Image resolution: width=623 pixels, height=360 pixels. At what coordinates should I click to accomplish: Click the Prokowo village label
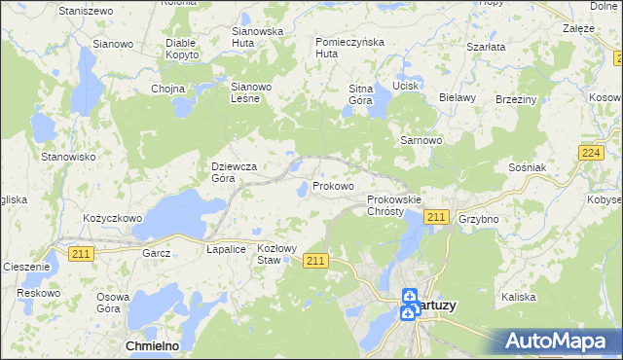click(333, 186)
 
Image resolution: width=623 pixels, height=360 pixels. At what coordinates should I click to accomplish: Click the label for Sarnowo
click(421, 140)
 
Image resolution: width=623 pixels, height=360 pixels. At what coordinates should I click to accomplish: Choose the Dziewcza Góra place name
click(234, 172)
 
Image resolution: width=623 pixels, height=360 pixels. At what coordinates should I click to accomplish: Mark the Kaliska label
click(519, 296)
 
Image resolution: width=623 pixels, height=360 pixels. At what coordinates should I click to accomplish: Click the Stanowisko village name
click(67, 156)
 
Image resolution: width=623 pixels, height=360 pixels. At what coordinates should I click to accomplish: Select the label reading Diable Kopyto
click(182, 50)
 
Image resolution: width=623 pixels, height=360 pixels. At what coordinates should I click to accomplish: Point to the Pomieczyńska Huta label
click(350, 48)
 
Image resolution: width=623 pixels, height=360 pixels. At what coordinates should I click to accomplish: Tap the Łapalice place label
click(225, 249)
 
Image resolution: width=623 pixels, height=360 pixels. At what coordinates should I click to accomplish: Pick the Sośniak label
click(527, 167)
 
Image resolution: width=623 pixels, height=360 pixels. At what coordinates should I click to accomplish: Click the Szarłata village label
click(485, 47)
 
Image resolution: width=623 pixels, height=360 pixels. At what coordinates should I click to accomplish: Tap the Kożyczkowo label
click(113, 219)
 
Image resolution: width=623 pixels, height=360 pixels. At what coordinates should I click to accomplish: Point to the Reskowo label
click(39, 293)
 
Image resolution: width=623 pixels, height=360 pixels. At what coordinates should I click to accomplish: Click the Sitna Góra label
click(361, 94)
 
